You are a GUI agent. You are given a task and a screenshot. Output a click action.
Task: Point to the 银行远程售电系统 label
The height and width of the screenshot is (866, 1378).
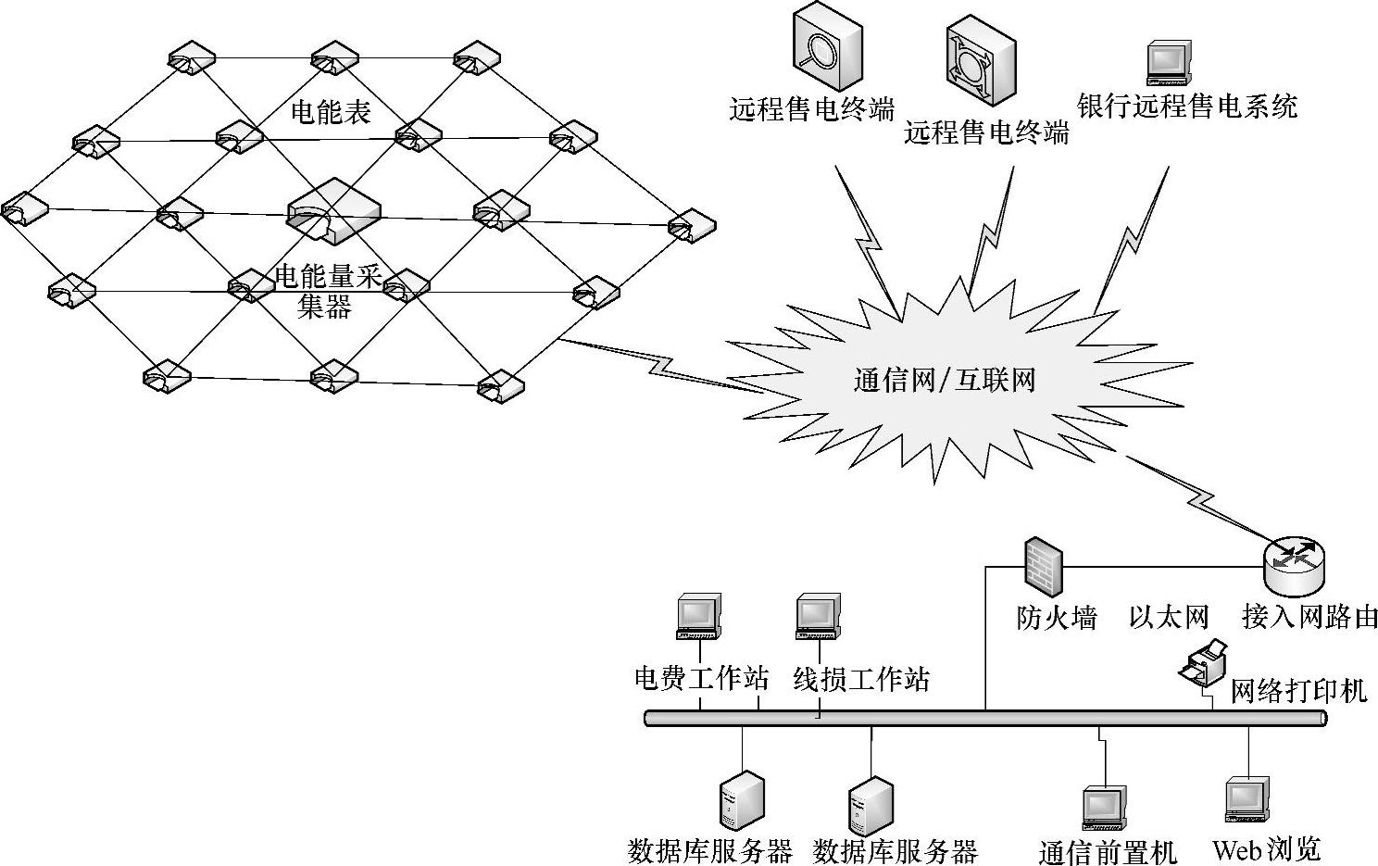tap(1188, 106)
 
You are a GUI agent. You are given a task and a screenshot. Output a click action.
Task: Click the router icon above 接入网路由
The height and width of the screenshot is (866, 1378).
tap(1294, 565)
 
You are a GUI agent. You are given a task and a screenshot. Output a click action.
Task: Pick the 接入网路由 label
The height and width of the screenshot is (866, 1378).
tap(1309, 617)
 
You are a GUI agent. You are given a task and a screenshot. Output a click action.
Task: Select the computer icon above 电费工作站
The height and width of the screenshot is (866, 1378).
tap(699, 616)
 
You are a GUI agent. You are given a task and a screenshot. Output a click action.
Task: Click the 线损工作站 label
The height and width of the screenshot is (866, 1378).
tap(861, 680)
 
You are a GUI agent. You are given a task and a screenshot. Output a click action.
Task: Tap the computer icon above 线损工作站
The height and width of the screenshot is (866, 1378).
tap(818, 616)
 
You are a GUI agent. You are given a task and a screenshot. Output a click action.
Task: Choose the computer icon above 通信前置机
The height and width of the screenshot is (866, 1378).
tap(1106, 808)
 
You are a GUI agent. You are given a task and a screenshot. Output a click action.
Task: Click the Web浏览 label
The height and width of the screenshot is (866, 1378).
tap(1266, 848)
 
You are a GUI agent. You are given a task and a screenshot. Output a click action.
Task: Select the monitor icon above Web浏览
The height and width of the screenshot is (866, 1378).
tap(1246, 799)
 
